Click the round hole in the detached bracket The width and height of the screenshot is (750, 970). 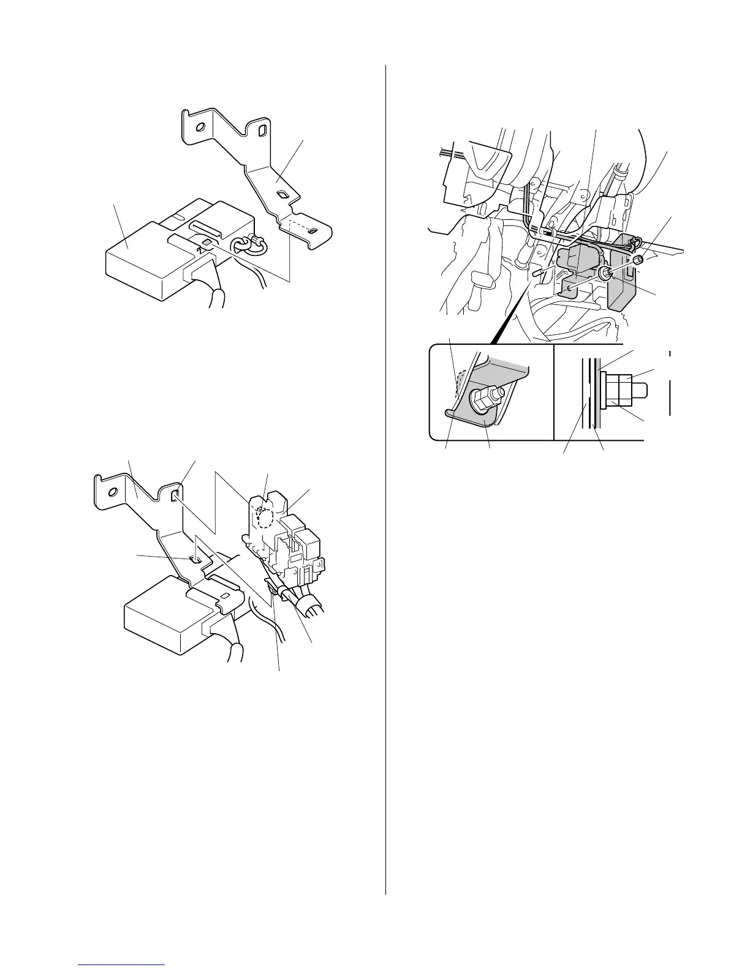pos(199,129)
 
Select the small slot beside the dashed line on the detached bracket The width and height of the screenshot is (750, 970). pos(312,231)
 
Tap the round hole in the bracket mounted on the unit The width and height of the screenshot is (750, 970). pos(112,493)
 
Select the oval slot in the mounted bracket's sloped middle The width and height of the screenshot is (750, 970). pos(194,558)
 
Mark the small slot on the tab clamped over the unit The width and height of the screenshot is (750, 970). pos(225,595)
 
